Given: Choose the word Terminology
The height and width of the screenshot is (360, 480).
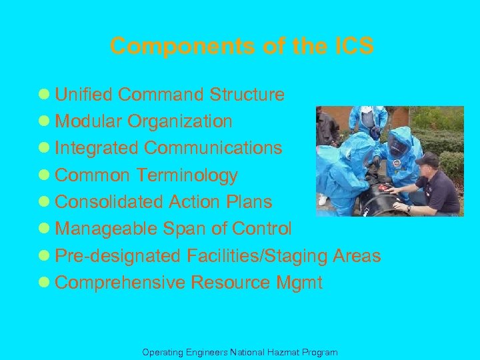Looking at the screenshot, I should click(187, 175).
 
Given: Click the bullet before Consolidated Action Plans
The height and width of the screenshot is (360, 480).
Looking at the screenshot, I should click(46, 203).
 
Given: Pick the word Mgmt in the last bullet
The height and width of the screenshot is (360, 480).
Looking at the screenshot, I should click(299, 283).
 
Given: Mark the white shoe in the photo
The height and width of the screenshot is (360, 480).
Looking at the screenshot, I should click(323, 199).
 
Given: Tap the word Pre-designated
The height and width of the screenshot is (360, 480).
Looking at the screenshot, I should click(117, 256).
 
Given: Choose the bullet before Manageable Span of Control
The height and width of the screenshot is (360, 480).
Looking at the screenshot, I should click(46, 229).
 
